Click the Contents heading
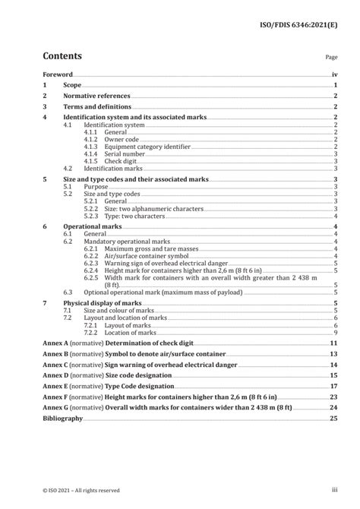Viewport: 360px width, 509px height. click(x=62, y=55)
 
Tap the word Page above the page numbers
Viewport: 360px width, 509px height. click(x=331, y=57)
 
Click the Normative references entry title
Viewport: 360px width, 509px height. click(x=96, y=96)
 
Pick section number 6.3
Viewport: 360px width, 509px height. click(x=68, y=292)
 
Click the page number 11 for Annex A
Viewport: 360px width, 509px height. click(x=333, y=343)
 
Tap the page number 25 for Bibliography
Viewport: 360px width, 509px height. click(x=333, y=418)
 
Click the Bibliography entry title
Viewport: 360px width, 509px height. click(x=63, y=418)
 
